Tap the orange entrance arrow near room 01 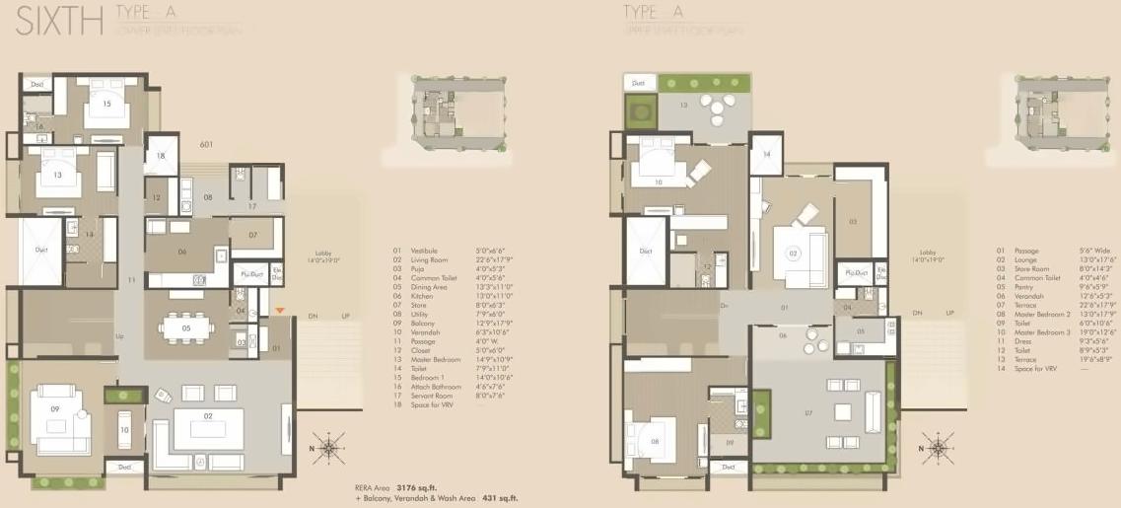coord(280,313)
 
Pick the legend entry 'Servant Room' coord(428,396)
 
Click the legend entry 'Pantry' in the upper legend coord(1016,286)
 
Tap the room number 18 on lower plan coord(161,156)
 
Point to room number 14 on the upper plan coord(766,154)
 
